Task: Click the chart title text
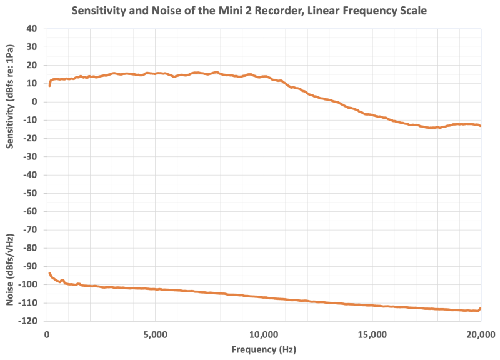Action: click(250, 11)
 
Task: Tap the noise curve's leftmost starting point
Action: click(49, 273)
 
